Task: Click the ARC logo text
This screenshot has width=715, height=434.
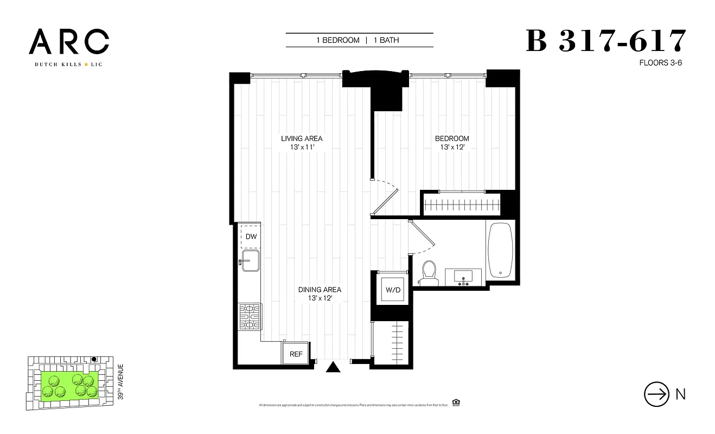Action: tap(69, 42)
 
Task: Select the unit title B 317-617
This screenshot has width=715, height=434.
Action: tap(606, 41)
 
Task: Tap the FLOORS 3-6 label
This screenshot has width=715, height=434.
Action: tap(660, 63)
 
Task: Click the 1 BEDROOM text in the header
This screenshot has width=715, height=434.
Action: tap(338, 40)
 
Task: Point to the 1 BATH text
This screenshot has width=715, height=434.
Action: tap(386, 40)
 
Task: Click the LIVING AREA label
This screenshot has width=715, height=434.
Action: tap(302, 138)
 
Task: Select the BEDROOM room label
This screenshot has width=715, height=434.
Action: tap(452, 138)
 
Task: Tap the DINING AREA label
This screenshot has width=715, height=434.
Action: tap(320, 290)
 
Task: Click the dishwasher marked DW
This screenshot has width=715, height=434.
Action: tap(251, 237)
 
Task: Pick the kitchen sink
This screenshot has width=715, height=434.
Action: tap(251, 260)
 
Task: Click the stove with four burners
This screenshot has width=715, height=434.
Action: tap(250, 316)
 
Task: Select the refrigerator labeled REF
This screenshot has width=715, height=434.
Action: tap(296, 354)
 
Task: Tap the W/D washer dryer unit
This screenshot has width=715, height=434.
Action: tap(393, 290)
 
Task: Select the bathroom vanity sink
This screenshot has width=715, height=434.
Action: tap(464, 277)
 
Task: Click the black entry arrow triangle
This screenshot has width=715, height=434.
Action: tap(333, 368)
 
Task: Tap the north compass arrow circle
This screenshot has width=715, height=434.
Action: tap(655, 394)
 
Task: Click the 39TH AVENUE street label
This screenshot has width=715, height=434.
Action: tap(121, 382)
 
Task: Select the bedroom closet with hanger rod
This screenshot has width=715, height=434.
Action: tap(462, 205)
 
